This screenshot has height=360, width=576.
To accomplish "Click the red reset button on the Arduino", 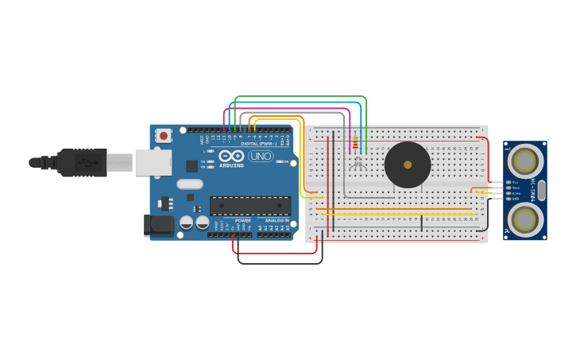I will click(x=163, y=136).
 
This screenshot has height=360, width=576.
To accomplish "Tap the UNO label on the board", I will click(x=261, y=156).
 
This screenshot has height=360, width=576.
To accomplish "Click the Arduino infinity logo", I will click(x=232, y=157).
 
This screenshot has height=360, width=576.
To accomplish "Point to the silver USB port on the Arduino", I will click(x=153, y=162).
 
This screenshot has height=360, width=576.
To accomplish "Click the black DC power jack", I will click(x=160, y=225).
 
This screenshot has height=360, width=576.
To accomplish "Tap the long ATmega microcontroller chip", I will click(x=249, y=206).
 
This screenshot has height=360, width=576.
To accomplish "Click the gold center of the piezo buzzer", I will click(x=408, y=165).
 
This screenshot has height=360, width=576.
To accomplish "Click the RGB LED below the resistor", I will click(x=358, y=163).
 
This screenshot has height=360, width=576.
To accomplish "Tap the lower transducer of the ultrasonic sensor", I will click(x=524, y=219).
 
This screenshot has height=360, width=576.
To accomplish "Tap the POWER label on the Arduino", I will click(x=242, y=220).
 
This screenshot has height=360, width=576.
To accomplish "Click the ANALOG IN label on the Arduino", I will click(x=276, y=220).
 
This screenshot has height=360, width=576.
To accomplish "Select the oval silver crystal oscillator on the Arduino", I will click(x=190, y=184).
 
